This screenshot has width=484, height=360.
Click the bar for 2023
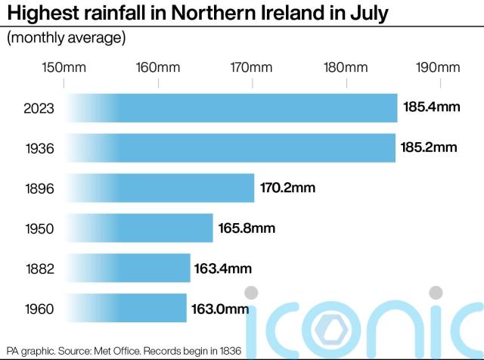click(231, 108)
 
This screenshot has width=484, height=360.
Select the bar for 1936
click(230, 147)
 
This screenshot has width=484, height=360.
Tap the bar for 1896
click(160, 188)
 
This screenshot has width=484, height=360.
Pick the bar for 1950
click(139, 228)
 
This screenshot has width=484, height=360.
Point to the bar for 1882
click(128, 268)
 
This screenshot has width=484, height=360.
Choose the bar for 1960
click(126, 308)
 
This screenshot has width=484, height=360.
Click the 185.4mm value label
click(431, 108)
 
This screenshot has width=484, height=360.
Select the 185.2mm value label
click(430, 147)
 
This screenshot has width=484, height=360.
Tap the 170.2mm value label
click(289, 188)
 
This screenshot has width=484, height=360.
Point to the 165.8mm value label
click(247, 228)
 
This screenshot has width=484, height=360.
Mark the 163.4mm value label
click(224, 268)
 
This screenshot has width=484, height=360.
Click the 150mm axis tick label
click(64, 67)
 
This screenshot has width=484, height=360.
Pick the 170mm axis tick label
click(252, 67)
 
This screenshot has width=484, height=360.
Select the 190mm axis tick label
click(439, 67)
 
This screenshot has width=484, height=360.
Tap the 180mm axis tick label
click(346, 67)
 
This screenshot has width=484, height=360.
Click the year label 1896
click(39, 188)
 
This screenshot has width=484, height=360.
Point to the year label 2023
click(39, 109)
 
